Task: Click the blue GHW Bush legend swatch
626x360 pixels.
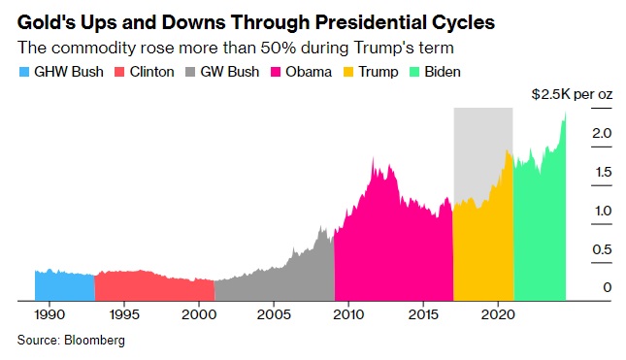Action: [24, 72]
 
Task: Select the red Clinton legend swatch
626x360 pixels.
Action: [119, 72]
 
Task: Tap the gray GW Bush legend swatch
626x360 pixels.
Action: [190, 72]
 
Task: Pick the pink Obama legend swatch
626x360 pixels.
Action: [276, 72]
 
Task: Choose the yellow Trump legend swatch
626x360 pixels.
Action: [348, 72]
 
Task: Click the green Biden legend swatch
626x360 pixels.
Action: [414, 72]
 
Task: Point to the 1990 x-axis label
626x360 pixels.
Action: [49, 314]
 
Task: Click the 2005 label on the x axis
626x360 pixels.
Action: [274, 314]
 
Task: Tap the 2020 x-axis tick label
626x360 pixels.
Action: [498, 314]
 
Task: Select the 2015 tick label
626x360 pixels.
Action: [423, 314]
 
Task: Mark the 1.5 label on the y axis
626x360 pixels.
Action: [604, 172]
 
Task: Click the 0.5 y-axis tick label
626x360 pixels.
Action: [602, 249]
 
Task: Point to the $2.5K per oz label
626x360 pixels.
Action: [572, 94]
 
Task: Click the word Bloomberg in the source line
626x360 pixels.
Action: [94, 340]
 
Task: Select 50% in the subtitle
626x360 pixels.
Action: [278, 48]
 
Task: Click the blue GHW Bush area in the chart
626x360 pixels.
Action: [65, 285]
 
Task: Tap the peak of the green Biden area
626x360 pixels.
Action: [565, 113]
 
